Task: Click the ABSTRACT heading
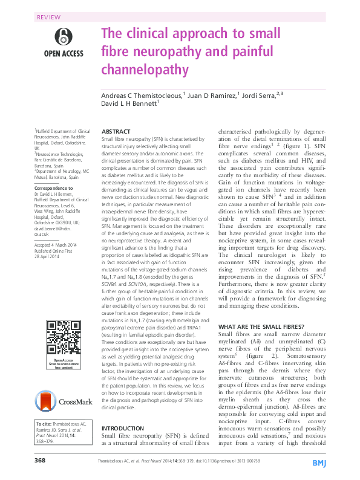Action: pyautogui.click(x=116, y=131)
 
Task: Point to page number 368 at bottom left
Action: pyautogui.click(x=41, y=461)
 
